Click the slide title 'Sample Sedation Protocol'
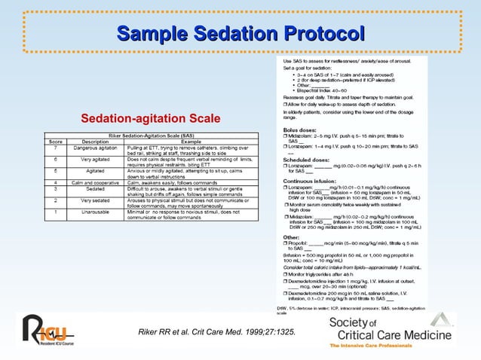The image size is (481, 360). (x=240, y=34)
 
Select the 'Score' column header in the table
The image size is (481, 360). (x=55, y=142)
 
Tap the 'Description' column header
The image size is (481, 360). (x=95, y=142)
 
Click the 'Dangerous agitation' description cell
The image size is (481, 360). (x=95, y=148)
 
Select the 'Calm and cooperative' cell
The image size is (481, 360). (x=95, y=182)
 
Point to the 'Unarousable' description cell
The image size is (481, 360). (x=95, y=212)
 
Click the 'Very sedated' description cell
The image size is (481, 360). (x=95, y=201)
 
